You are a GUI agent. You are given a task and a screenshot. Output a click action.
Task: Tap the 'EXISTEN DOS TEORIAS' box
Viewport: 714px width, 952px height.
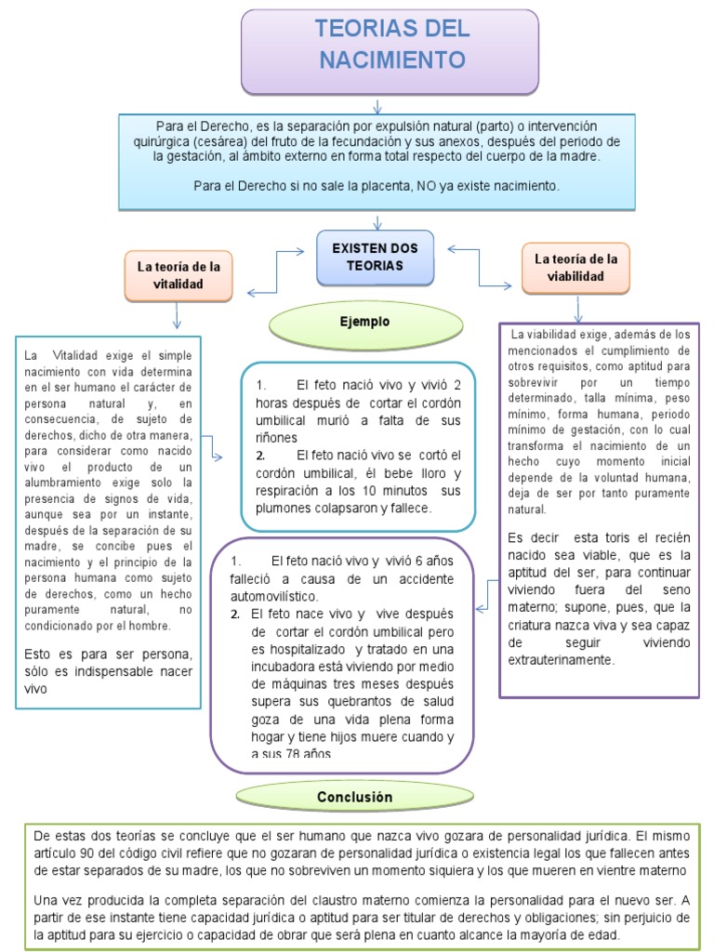(375, 257)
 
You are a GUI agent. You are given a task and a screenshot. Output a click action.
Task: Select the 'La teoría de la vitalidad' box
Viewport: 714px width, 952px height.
(178, 275)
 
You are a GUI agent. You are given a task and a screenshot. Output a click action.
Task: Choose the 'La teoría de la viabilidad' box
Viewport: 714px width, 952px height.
(575, 268)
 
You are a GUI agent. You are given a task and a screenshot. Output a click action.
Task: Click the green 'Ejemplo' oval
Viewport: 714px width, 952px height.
(364, 322)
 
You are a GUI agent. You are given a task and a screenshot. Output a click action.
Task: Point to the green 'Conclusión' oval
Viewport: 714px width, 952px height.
(354, 797)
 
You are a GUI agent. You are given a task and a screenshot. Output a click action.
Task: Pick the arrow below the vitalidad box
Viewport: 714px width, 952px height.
(177, 317)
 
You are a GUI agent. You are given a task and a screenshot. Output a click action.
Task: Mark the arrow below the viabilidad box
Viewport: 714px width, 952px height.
(578, 308)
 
